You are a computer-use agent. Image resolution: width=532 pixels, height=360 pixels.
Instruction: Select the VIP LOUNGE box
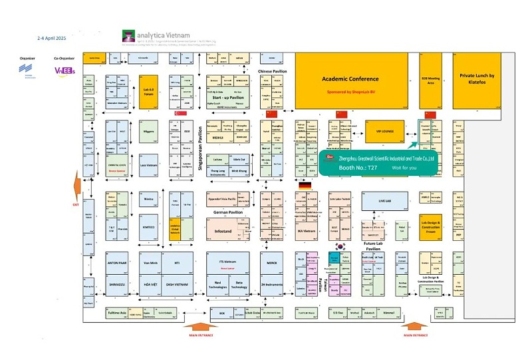click(x=386, y=132)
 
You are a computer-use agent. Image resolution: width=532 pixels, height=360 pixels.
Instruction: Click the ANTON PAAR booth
click(x=117, y=263)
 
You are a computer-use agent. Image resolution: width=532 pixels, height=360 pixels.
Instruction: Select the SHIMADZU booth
click(x=117, y=284)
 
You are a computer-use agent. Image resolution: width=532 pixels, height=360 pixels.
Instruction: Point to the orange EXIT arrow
click(x=78, y=184)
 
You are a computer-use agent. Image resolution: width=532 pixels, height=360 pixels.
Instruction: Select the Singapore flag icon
click(x=179, y=114)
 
